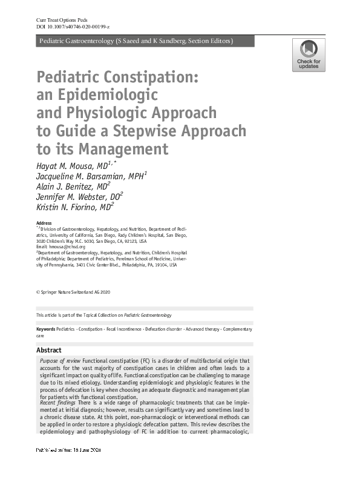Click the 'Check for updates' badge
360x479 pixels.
click(x=309, y=55)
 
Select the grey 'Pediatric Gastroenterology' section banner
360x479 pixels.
click(x=145, y=41)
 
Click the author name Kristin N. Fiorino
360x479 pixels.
click(x=71, y=208)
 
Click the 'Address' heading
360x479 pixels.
click(x=44, y=223)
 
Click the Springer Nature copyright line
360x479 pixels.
click(x=73, y=292)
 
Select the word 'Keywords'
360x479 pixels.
click(x=45, y=329)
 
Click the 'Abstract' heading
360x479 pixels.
click(x=49, y=350)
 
